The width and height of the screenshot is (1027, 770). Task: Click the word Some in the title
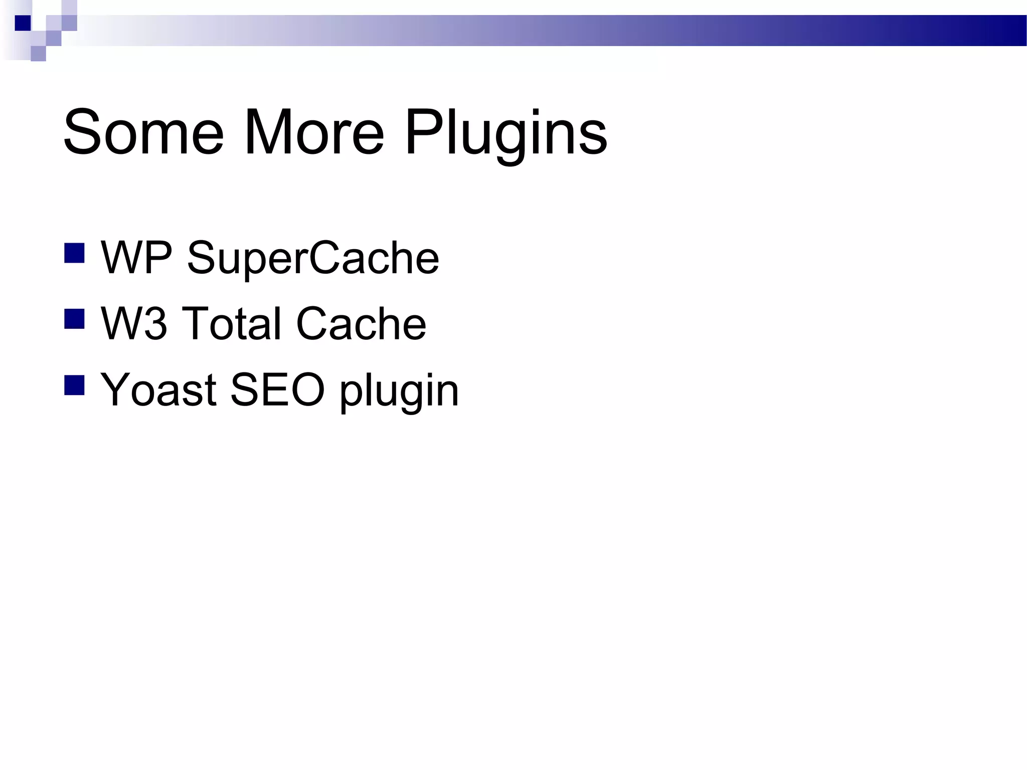(143, 133)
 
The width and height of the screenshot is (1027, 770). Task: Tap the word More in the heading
(313, 133)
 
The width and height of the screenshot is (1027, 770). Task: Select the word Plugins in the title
(506, 134)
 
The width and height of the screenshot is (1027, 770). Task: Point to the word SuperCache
(313, 259)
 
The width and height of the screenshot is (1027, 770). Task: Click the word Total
(231, 324)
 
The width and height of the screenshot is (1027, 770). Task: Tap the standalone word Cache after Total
(361, 324)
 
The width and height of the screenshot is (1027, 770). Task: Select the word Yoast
(158, 390)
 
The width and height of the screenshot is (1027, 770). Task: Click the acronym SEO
(277, 390)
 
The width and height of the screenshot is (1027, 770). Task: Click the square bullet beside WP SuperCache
(74, 253)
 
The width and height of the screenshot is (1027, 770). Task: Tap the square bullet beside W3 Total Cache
(74, 319)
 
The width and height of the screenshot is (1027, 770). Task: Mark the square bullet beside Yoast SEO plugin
(74, 386)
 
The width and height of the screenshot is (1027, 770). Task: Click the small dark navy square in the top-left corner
(23, 23)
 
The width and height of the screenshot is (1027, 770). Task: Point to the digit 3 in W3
(155, 324)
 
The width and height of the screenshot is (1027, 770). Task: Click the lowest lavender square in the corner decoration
(38, 54)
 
